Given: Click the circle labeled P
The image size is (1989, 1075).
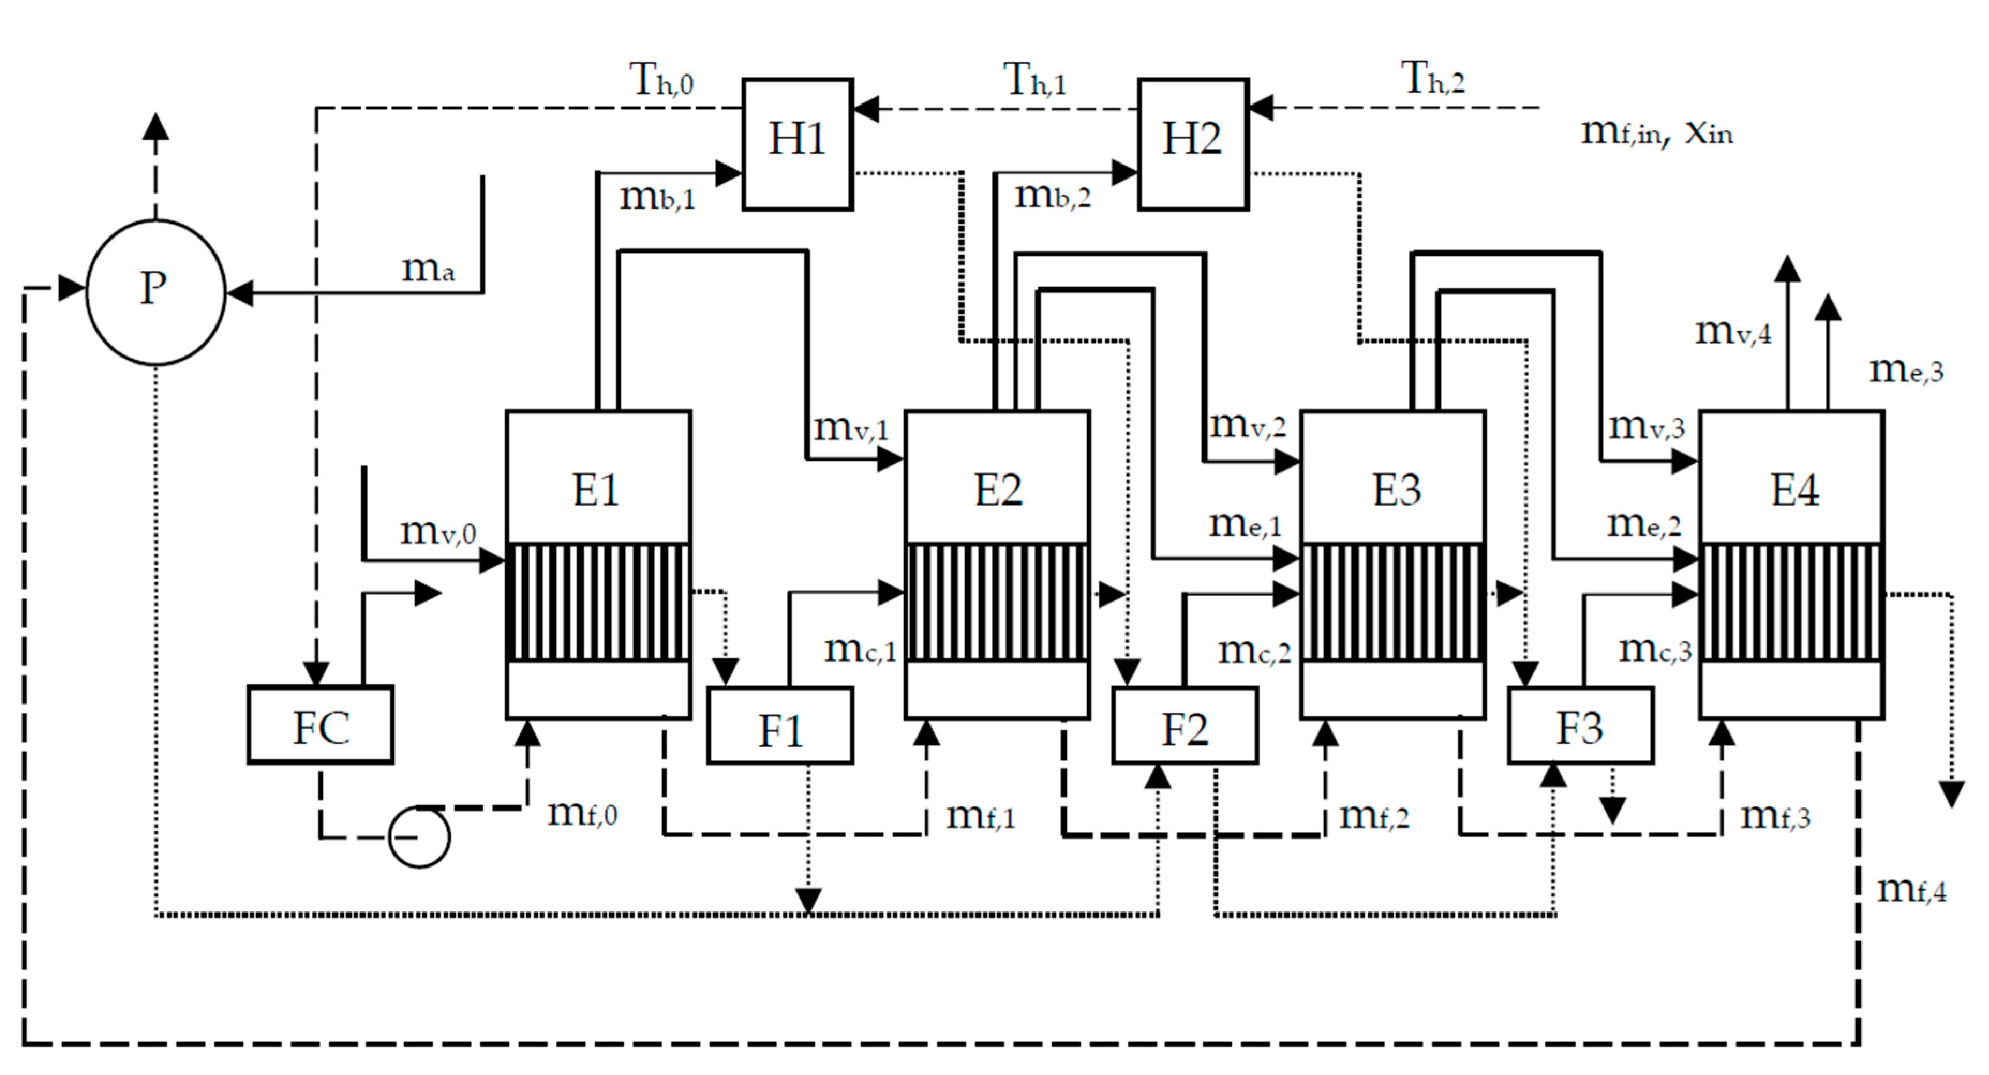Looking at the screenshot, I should coord(155,291).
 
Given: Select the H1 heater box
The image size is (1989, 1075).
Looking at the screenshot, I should coord(798,144).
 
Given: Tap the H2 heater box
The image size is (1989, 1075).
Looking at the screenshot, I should coord(1193,144).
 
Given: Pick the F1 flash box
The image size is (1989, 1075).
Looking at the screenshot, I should coord(780,726).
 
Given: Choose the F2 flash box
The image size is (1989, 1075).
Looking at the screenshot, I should coord(1185,726).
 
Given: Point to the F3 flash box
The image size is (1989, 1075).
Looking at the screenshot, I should coord(1580,726).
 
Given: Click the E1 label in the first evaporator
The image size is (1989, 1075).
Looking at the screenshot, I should coord(595,490).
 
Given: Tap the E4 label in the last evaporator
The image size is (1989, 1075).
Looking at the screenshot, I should coord(1794,490).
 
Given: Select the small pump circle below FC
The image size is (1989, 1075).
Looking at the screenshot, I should coord(419,837).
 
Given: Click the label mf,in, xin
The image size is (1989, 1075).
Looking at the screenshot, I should coord(1656,133).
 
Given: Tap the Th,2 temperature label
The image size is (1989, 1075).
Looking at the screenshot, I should coord(1432,79).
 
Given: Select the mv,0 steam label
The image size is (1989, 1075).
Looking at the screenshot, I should coord(438,531).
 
